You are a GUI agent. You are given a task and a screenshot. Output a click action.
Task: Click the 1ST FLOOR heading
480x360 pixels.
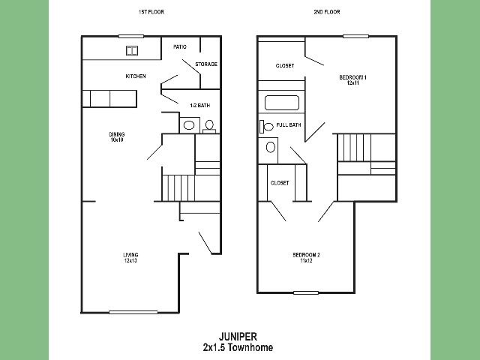(x=151, y=12)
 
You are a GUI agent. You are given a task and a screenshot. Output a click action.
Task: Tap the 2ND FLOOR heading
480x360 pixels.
(x=327, y=12)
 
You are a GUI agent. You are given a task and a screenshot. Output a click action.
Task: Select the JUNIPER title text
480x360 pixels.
(x=238, y=337)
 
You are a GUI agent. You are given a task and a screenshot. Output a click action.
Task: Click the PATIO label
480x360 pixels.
(x=180, y=46)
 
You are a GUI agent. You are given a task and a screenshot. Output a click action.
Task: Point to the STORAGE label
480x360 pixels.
(x=206, y=64)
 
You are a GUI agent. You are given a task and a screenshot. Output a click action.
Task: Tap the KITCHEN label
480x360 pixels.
(x=136, y=76)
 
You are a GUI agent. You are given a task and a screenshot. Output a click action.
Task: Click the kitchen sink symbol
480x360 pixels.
(x=132, y=50)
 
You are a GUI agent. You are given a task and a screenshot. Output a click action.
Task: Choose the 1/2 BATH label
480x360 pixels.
(x=200, y=105)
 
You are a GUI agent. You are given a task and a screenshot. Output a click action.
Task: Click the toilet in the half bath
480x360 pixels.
(x=209, y=127)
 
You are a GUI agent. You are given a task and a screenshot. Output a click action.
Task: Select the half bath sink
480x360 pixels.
(x=189, y=125)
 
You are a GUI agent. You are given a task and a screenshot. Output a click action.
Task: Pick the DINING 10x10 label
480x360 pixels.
(x=117, y=136)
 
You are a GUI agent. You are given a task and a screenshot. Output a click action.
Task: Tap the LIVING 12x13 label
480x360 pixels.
(x=130, y=257)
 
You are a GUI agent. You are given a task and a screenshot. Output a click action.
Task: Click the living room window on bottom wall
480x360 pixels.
(x=133, y=312)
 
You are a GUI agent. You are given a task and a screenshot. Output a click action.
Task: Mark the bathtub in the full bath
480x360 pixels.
(x=282, y=103)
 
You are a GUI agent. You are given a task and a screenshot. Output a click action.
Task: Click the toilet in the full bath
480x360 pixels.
(x=266, y=127)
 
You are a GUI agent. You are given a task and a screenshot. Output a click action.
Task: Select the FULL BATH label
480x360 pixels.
(x=289, y=125)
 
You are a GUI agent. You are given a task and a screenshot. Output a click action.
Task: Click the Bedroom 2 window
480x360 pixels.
(x=306, y=293)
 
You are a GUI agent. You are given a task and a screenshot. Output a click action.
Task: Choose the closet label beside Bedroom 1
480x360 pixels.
(x=285, y=65)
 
